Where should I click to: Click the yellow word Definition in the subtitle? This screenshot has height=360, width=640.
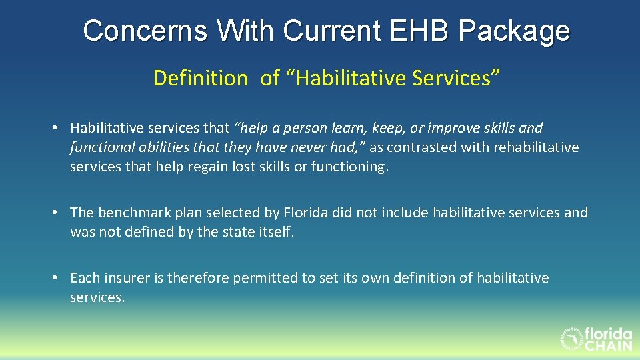point(200,78)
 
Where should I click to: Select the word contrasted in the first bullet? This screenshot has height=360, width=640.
point(427,147)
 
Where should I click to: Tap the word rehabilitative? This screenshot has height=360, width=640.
point(536,147)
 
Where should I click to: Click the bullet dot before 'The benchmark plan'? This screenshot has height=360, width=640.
point(59,213)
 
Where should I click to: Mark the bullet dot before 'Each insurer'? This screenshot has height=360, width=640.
point(59,277)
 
